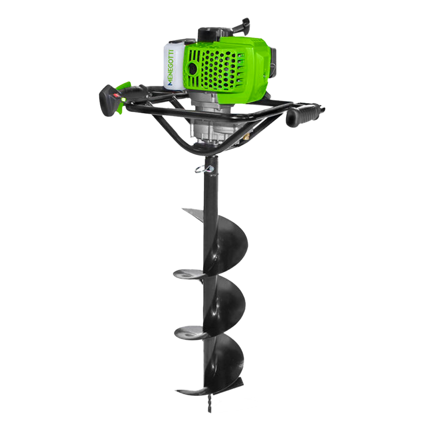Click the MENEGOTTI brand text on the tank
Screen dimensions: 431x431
(x=171, y=67)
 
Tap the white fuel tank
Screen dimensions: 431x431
(x=174, y=66)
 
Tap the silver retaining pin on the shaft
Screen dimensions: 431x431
(x=204, y=169)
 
